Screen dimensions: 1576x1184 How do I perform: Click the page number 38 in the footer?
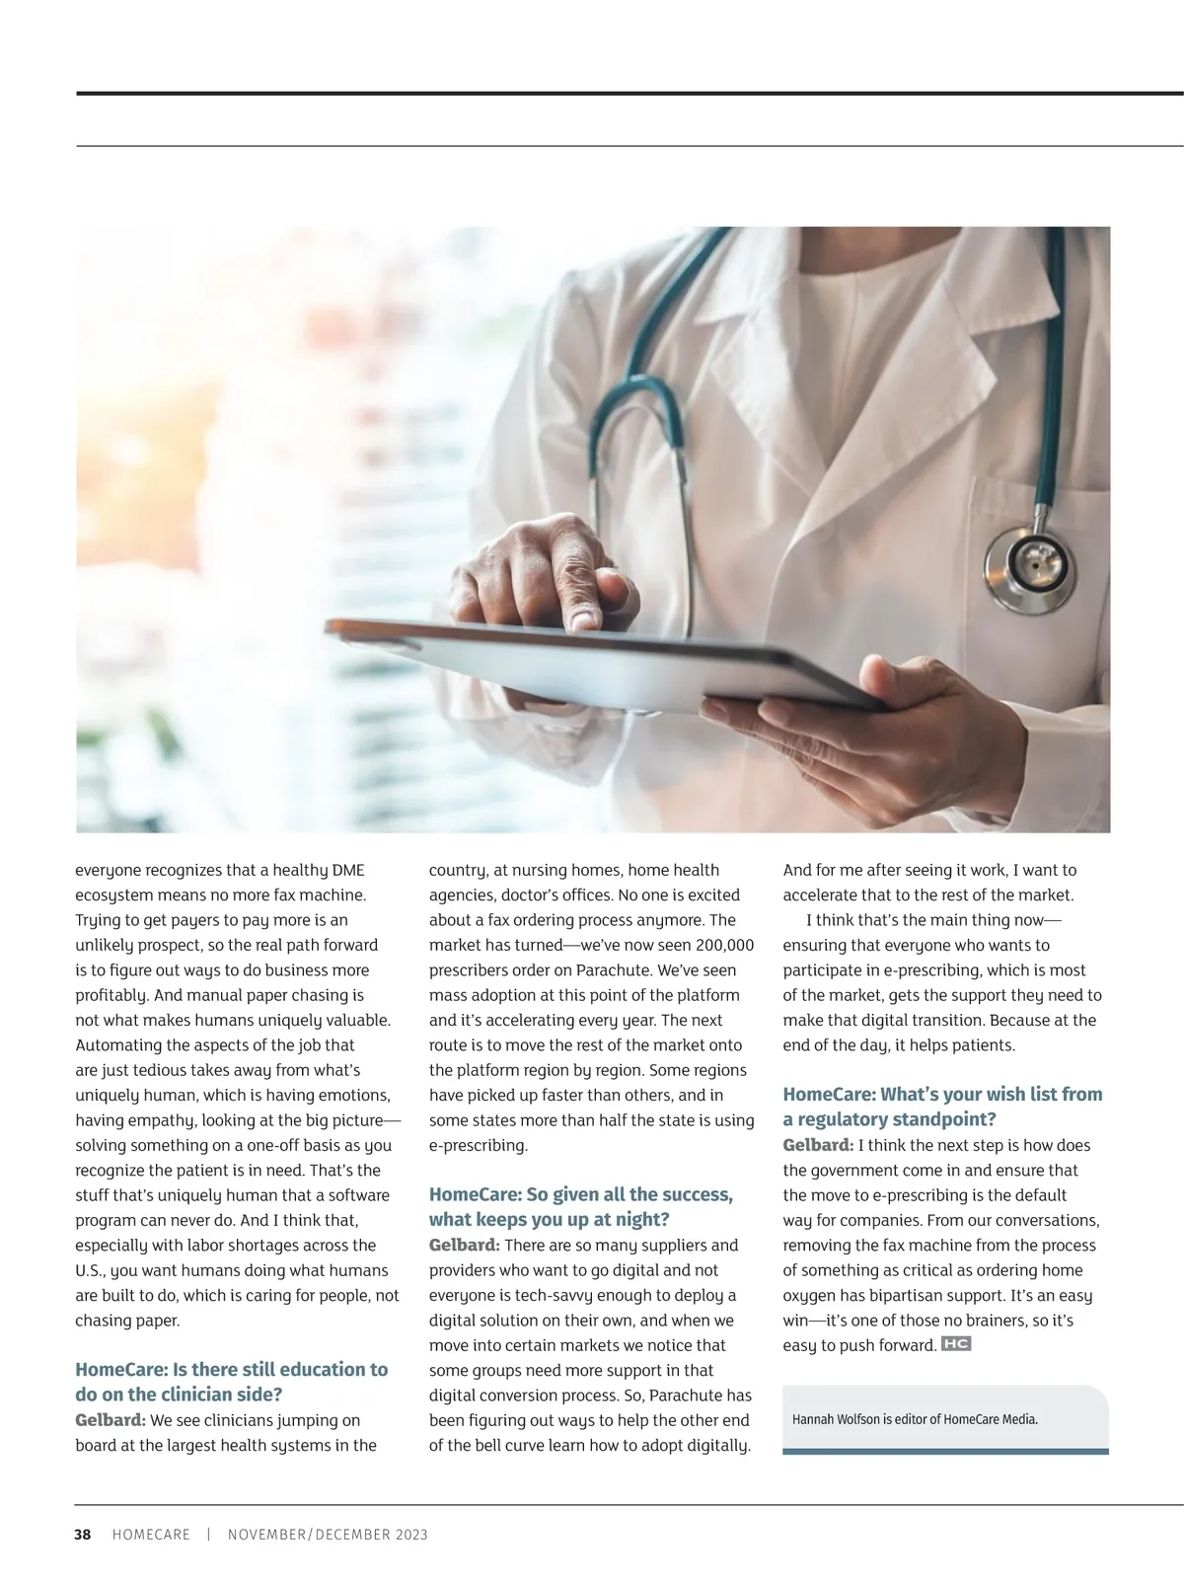pos(83,1535)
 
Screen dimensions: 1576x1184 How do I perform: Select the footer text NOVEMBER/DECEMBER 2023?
pos(328,1535)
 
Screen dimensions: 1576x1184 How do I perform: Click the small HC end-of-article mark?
pos(956,1343)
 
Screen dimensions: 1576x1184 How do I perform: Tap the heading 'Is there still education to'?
pos(232,1369)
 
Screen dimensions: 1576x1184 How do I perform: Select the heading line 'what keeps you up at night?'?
pos(549,1220)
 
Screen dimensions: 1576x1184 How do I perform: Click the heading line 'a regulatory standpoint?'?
pos(889,1119)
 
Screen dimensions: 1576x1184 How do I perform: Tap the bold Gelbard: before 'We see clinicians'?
pos(111,1420)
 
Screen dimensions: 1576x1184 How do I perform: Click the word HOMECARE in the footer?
pos(151,1535)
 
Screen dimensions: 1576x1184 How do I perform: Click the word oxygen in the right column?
pos(809,1296)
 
